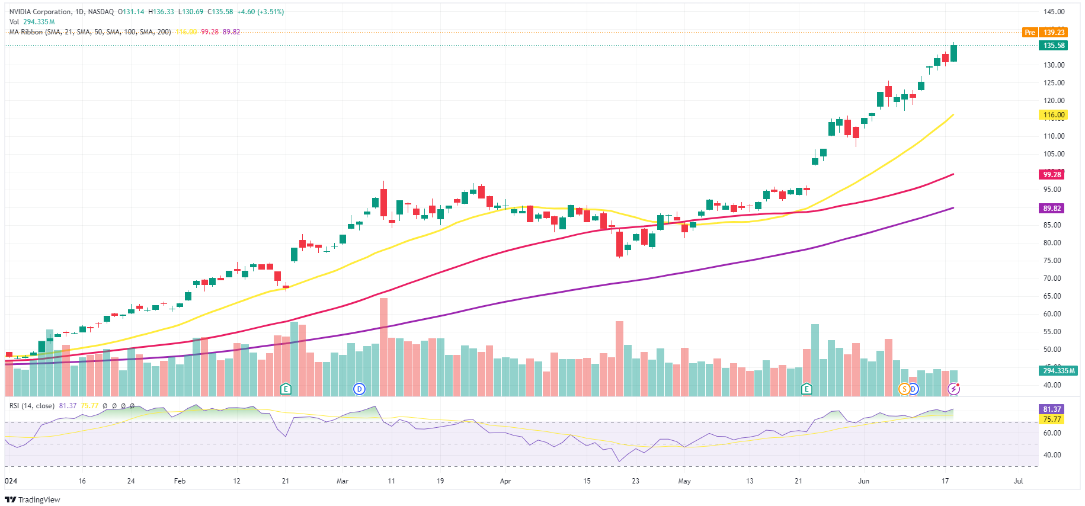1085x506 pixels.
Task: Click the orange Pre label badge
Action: click(1030, 33)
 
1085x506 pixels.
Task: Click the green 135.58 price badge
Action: click(1054, 46)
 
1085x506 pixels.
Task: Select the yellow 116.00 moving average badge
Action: click(1054, 115)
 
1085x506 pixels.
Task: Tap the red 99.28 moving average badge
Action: click(1052, 175)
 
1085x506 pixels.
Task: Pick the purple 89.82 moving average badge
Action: click(1052, 209)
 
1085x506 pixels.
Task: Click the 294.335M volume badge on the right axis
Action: click(1058, 371)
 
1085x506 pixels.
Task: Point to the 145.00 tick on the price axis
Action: click(1054, 12)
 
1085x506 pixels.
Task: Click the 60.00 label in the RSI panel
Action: click(1052, 433)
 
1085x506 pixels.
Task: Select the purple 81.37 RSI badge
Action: click(1052, 409)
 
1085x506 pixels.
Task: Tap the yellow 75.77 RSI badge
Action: click(1052, 419)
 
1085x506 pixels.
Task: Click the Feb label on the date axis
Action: click(180, 481)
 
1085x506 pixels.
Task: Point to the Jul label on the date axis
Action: click(1018, 481)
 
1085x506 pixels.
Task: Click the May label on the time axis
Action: click(684, 481)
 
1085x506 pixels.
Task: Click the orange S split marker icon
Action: click(904, 389)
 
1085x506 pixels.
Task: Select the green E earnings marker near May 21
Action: click(806, 389)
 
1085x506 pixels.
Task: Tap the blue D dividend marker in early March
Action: click(359, 389)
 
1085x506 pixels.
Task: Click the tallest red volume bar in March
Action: click(384, 347)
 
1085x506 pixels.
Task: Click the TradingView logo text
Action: click(39, 499)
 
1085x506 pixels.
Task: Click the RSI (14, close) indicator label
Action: click(31, 406)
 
